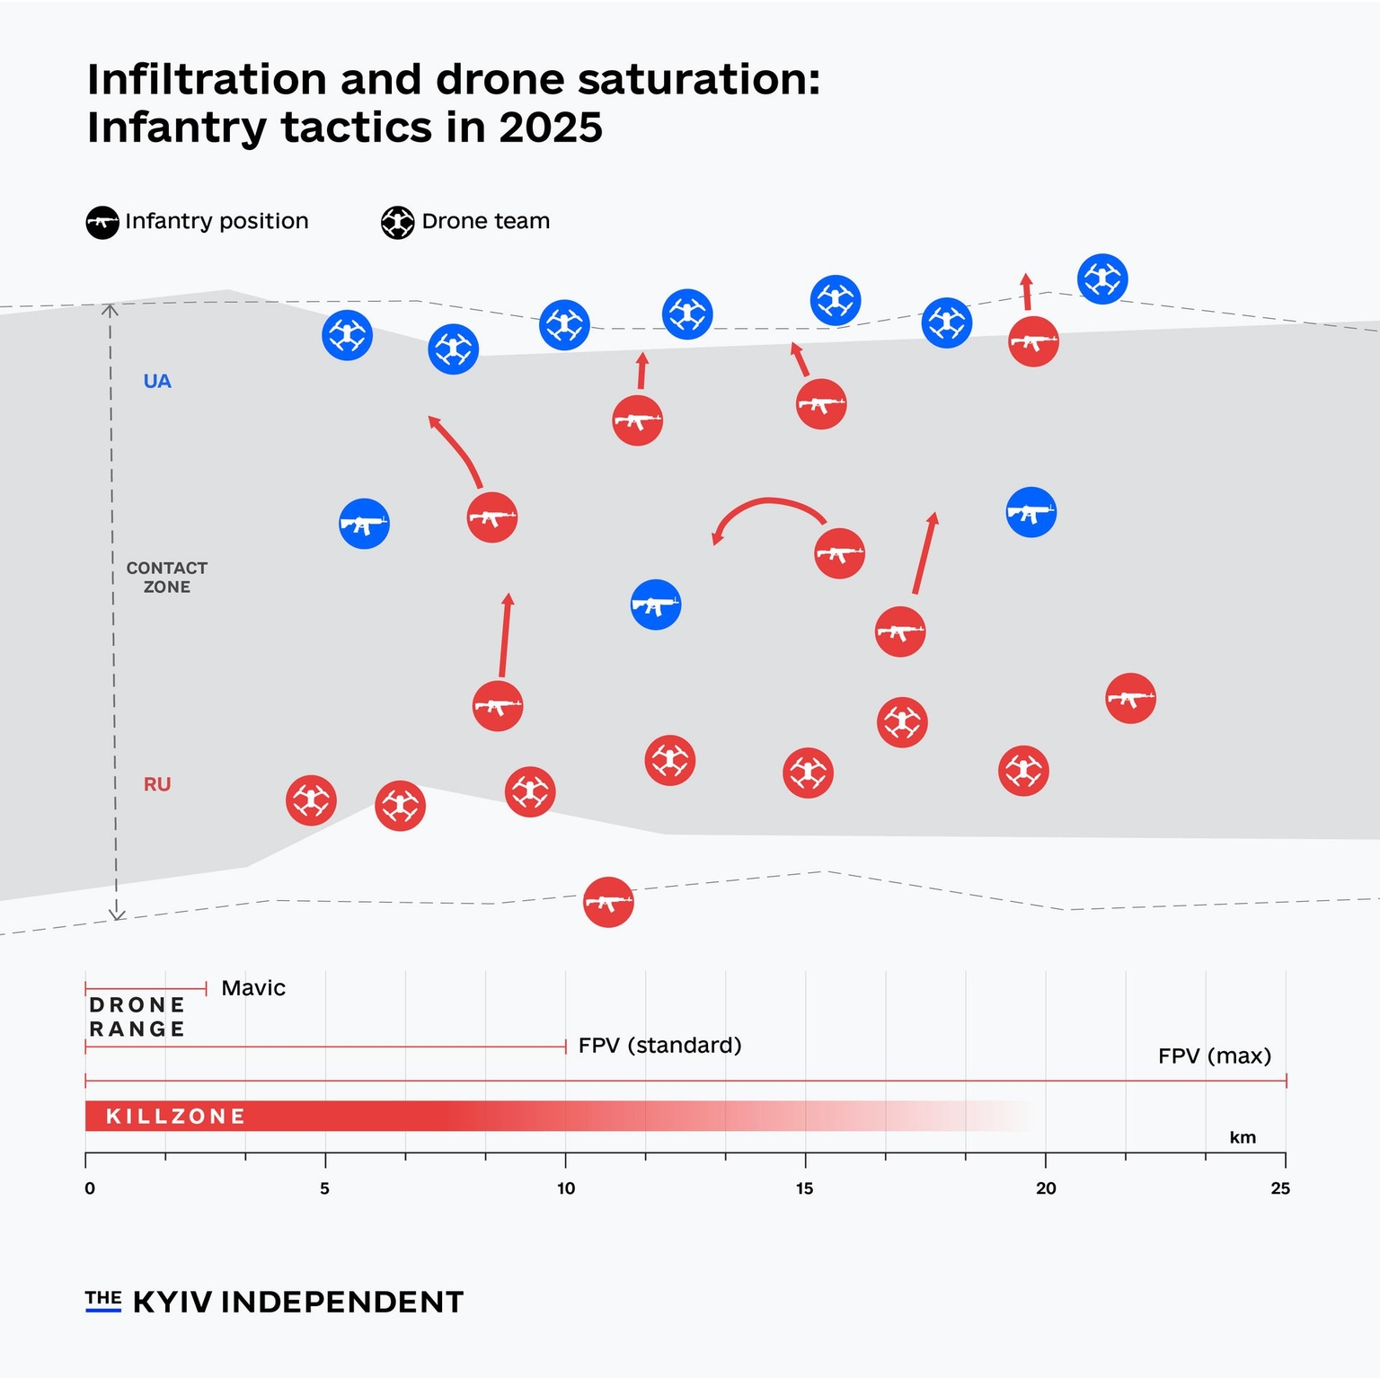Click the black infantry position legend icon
pos(102,222)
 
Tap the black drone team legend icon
pos(397,222)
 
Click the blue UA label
pos(157,381)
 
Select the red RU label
pos(157,784)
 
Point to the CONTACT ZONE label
pos(167,578)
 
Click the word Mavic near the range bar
pos(253,988)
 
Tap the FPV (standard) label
pos(659,1046)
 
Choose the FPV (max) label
pos(1215,1056)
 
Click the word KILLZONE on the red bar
pos(176,1117)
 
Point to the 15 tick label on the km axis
pos(804,1188)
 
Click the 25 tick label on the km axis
pos(1280,1188)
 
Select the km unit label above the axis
pos(1243,1138)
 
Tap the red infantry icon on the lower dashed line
pos(608,902)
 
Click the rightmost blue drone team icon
pos(1102,279)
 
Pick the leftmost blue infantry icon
pos(364,524)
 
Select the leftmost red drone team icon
pos(311,800)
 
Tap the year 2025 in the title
pos(551,128)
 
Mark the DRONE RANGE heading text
pos(137,1017)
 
